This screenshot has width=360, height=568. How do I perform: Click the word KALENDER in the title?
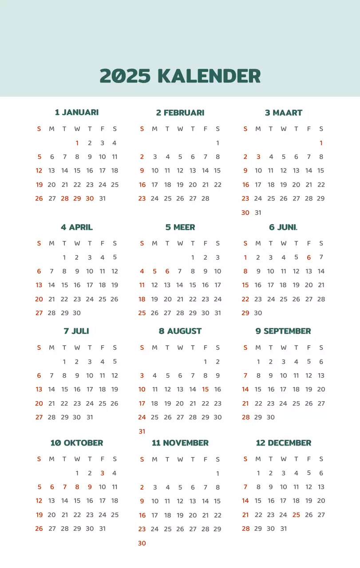[x=209, y=76]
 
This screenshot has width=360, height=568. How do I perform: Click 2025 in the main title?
[x=125, y=76]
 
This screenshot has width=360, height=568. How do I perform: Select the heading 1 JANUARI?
[x=77, y=112]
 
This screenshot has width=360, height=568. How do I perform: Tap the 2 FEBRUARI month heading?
[x=180, y=113]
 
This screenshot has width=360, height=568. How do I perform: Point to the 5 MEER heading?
[x=180, y=227]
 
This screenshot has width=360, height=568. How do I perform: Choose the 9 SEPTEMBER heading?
[x=283, y=331]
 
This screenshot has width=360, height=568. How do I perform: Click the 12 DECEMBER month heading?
[x=284, y=443]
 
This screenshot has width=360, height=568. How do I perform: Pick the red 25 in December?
[x=296, y=515]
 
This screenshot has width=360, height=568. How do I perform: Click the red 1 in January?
[x=77, y=143]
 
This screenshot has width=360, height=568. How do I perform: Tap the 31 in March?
[x=258, y=213]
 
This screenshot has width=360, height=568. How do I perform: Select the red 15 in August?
[x=205, y=389]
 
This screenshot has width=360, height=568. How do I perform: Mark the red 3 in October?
[x=102, y=473]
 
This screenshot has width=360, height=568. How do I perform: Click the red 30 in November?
[x=142, y=543]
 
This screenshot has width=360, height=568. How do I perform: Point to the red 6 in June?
[x=309, y=257]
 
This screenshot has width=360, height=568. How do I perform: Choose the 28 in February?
[x=205, y=198]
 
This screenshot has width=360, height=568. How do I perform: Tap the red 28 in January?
[x=65, y=198]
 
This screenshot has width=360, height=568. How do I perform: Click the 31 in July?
[x=90, y=417]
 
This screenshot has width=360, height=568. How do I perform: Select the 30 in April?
[x=77, y=313]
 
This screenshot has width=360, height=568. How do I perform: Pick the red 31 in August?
[x=142, y=431]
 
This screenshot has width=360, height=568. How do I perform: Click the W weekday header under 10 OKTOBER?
[x=77, y=459]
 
